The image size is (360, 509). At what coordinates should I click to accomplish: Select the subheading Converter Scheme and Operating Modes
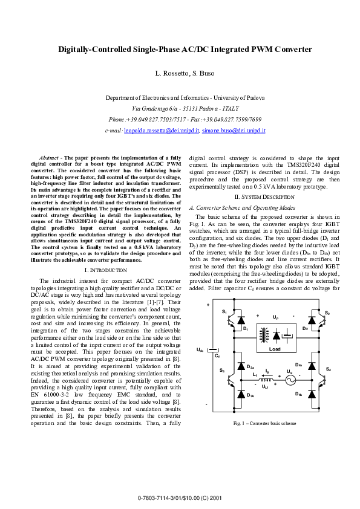tap(239, 207)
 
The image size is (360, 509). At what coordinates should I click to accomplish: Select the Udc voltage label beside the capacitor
tap(199, 349)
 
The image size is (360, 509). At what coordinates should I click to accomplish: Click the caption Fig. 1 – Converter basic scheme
tap(265, 424)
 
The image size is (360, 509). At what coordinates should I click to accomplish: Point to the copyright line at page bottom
tap(180, 498)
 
